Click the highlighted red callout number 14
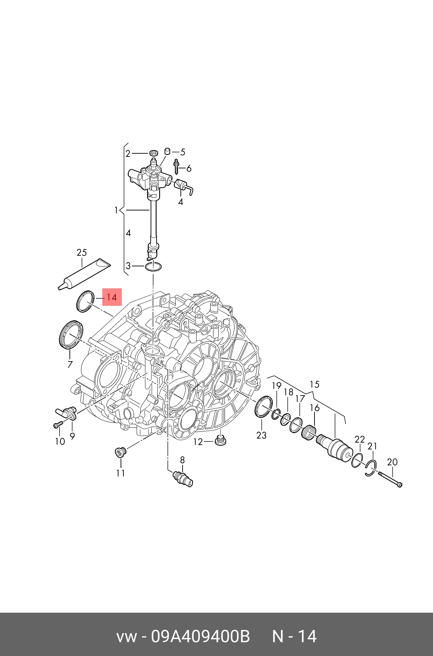[112, 297]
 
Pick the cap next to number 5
[167, 151]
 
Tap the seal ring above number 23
[263, 406]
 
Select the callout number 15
[314, 385]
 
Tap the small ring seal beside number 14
[85, 301]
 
